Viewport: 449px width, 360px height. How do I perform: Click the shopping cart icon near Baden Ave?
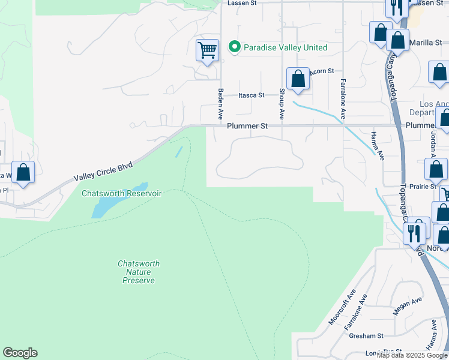(207, 50)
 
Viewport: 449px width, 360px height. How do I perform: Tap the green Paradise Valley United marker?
(235, 47)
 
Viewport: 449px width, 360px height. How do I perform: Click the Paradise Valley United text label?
(285, 47)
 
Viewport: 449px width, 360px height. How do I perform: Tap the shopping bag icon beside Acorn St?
(298, 79)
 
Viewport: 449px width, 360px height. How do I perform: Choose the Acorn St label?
(322, 71)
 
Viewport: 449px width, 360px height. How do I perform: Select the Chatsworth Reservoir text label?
(122, 193)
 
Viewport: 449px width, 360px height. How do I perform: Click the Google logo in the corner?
(20, 353)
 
